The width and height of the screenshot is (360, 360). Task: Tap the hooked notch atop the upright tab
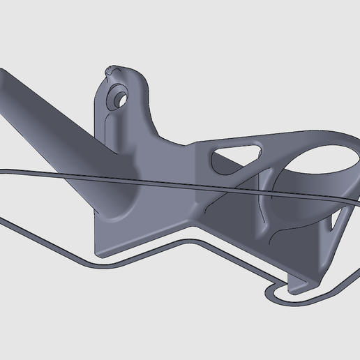(112, 70)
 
